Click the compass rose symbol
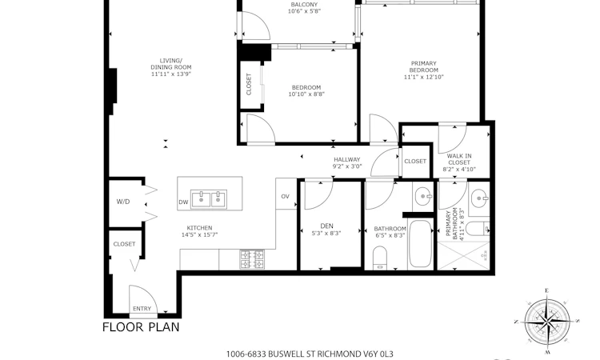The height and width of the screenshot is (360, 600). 547,321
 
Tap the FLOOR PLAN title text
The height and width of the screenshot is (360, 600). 141,327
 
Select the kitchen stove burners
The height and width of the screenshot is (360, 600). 252,259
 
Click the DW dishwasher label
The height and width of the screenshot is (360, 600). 183,202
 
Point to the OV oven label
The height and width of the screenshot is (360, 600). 285,196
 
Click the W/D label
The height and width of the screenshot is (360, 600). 123,202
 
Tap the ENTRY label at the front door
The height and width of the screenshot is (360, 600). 142,308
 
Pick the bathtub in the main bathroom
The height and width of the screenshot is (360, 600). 421,244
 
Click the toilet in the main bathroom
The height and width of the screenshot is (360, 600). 380,258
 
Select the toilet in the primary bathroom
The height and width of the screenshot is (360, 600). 479,229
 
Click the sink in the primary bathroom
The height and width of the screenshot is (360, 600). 478,198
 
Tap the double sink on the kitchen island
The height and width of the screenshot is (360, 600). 209,199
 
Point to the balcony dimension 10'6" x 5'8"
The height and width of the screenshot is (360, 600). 304,11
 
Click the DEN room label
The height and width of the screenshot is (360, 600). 326,226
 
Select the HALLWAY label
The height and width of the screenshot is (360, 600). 347,159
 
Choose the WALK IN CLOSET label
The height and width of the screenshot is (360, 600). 459,159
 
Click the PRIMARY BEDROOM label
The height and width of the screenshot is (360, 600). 423,66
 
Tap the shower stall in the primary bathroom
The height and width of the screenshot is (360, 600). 463,256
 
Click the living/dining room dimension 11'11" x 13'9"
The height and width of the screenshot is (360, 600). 171,74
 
